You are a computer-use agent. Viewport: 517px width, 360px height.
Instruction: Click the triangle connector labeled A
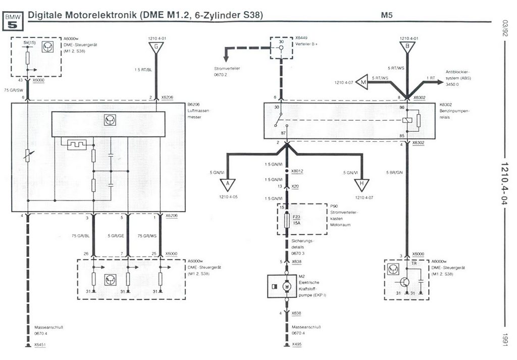pyautogui.click(x=228, y=184)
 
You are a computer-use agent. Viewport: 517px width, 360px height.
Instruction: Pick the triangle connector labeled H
pyautogui.click(x=361, y=184)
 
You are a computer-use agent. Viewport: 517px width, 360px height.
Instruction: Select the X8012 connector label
pyautogui.click(x=298, y=171)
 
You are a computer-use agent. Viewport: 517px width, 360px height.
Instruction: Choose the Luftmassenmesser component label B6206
pyautogui.click(x=194, y=105)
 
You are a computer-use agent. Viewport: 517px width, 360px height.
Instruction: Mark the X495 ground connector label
pyautogui.click(x=297, y=345)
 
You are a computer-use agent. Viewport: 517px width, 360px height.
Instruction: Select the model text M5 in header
pyautogui.click(x=387, y=15)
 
